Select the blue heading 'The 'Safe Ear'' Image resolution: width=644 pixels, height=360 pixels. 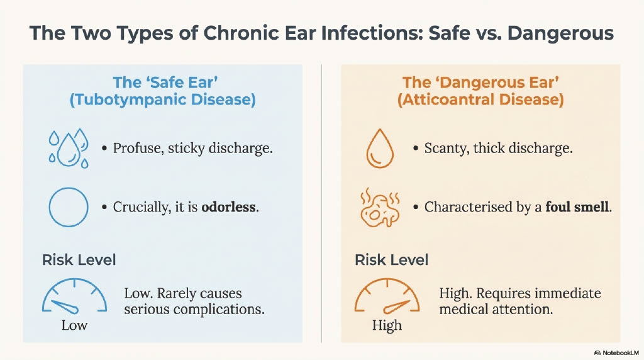pyautogui.click(x=165, y=82)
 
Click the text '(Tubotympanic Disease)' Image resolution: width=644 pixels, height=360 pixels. pyautogui.click(x=163, y=100)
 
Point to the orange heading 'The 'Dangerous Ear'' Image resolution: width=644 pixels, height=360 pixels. pyautogui.click(x=480, y=82)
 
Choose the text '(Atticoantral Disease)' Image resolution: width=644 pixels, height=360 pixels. pyautogui.click(x=480, y=100)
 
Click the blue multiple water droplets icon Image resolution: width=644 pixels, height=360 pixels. pyautogui.click(x=69, y=149)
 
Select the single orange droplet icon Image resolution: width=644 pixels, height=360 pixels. pyautogui.click(x=380, y=149)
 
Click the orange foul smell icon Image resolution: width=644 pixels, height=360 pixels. pyautogui.click(x=380, y=208)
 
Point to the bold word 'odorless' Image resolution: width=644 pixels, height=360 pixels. pyautogui.click(x=228, y=206)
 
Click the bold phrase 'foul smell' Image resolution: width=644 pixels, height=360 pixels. pyautogui.click(x=577, y=206)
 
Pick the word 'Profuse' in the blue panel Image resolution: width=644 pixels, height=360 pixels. pyautogui.click(x=132, y=149)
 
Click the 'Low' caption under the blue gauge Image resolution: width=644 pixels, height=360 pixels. pyautogui.click(x=74, y=325)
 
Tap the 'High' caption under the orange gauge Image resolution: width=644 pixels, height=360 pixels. pyautogui.click(x=387, y=325)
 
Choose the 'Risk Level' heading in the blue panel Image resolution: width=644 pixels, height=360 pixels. pyautogui.click(x=79, y=260)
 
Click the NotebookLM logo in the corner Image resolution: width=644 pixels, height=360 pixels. pyautogui.click(x=616, y=352)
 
